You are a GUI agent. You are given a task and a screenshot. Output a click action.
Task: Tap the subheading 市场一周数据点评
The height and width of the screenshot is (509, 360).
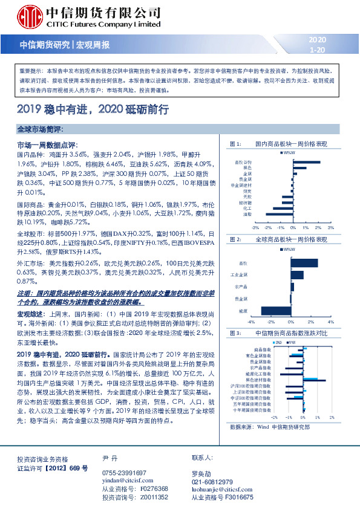point(46,146)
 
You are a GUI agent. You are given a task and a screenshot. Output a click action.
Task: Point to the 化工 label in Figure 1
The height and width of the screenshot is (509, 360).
point(247,208)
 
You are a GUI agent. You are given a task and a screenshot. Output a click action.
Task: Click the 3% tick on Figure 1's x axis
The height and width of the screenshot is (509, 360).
point(331,228)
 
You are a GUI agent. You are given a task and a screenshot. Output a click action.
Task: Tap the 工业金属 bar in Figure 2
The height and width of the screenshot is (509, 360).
point(297,275)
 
